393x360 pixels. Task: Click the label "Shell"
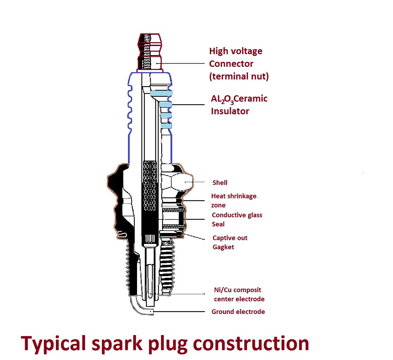[220, 182]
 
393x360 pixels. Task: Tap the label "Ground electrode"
[238, 312]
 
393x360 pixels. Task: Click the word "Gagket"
[223, 247]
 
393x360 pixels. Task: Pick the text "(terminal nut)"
[239, 76]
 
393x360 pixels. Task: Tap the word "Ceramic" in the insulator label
[251, 99]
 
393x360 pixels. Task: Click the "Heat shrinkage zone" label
[234, 200]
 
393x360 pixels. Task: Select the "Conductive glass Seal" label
[237, 219]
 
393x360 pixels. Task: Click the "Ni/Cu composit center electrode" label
[239, 295]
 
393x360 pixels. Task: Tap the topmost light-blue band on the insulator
[161, 93]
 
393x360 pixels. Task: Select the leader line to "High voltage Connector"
[183, 64]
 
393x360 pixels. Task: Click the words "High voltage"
[236, 51]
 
